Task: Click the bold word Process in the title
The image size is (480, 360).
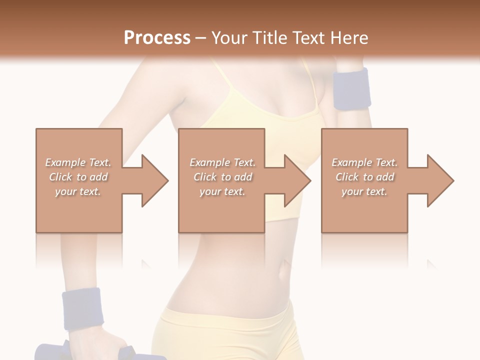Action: click(157, 38)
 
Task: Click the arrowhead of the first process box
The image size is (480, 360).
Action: click(155, 180)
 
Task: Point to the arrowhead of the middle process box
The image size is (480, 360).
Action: click(298, 180)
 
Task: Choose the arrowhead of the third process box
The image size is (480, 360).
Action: click(440, 180)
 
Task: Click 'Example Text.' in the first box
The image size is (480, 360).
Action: click(78, 162)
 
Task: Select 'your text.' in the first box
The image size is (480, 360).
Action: click(78, 191)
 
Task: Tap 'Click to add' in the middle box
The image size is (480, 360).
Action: click(222, 177)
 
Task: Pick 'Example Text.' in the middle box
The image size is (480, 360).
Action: click(222, 162)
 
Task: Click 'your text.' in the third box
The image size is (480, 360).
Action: click(364, 191)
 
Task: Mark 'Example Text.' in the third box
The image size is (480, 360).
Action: click(364, 162)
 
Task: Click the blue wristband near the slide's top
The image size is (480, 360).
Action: click(352, 89)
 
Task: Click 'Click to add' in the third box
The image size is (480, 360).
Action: click(364, 177)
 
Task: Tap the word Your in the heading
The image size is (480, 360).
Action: click(228, 38)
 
